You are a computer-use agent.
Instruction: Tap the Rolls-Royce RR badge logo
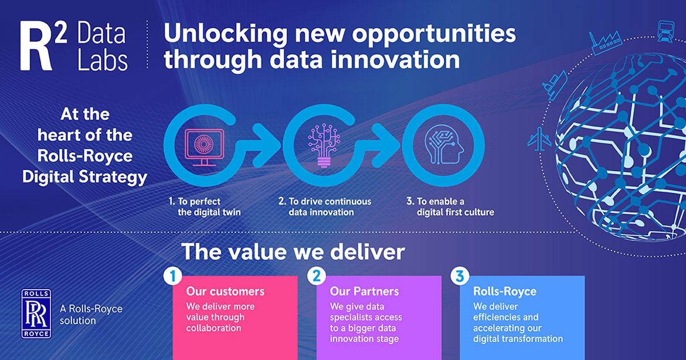click(36, 314)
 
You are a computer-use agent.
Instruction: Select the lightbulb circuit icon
click(324, 146)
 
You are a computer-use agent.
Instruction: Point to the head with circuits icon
click(444, 145)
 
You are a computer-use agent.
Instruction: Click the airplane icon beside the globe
click(539, 139)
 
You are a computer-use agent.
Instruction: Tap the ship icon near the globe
click(554, 85)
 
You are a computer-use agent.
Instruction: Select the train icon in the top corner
click(665, 31)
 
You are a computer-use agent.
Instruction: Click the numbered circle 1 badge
click(173, 276)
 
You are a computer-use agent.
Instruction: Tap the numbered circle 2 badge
click(316, 276)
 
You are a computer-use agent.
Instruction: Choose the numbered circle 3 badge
click(460, 276)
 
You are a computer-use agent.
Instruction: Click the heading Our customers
click(225, 291)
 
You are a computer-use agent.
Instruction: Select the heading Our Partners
click(365, 291)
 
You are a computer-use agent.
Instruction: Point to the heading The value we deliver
click(293, 252)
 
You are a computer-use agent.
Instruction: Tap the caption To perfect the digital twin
click(205, 207)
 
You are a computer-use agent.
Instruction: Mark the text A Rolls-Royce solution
click(91, 314)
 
